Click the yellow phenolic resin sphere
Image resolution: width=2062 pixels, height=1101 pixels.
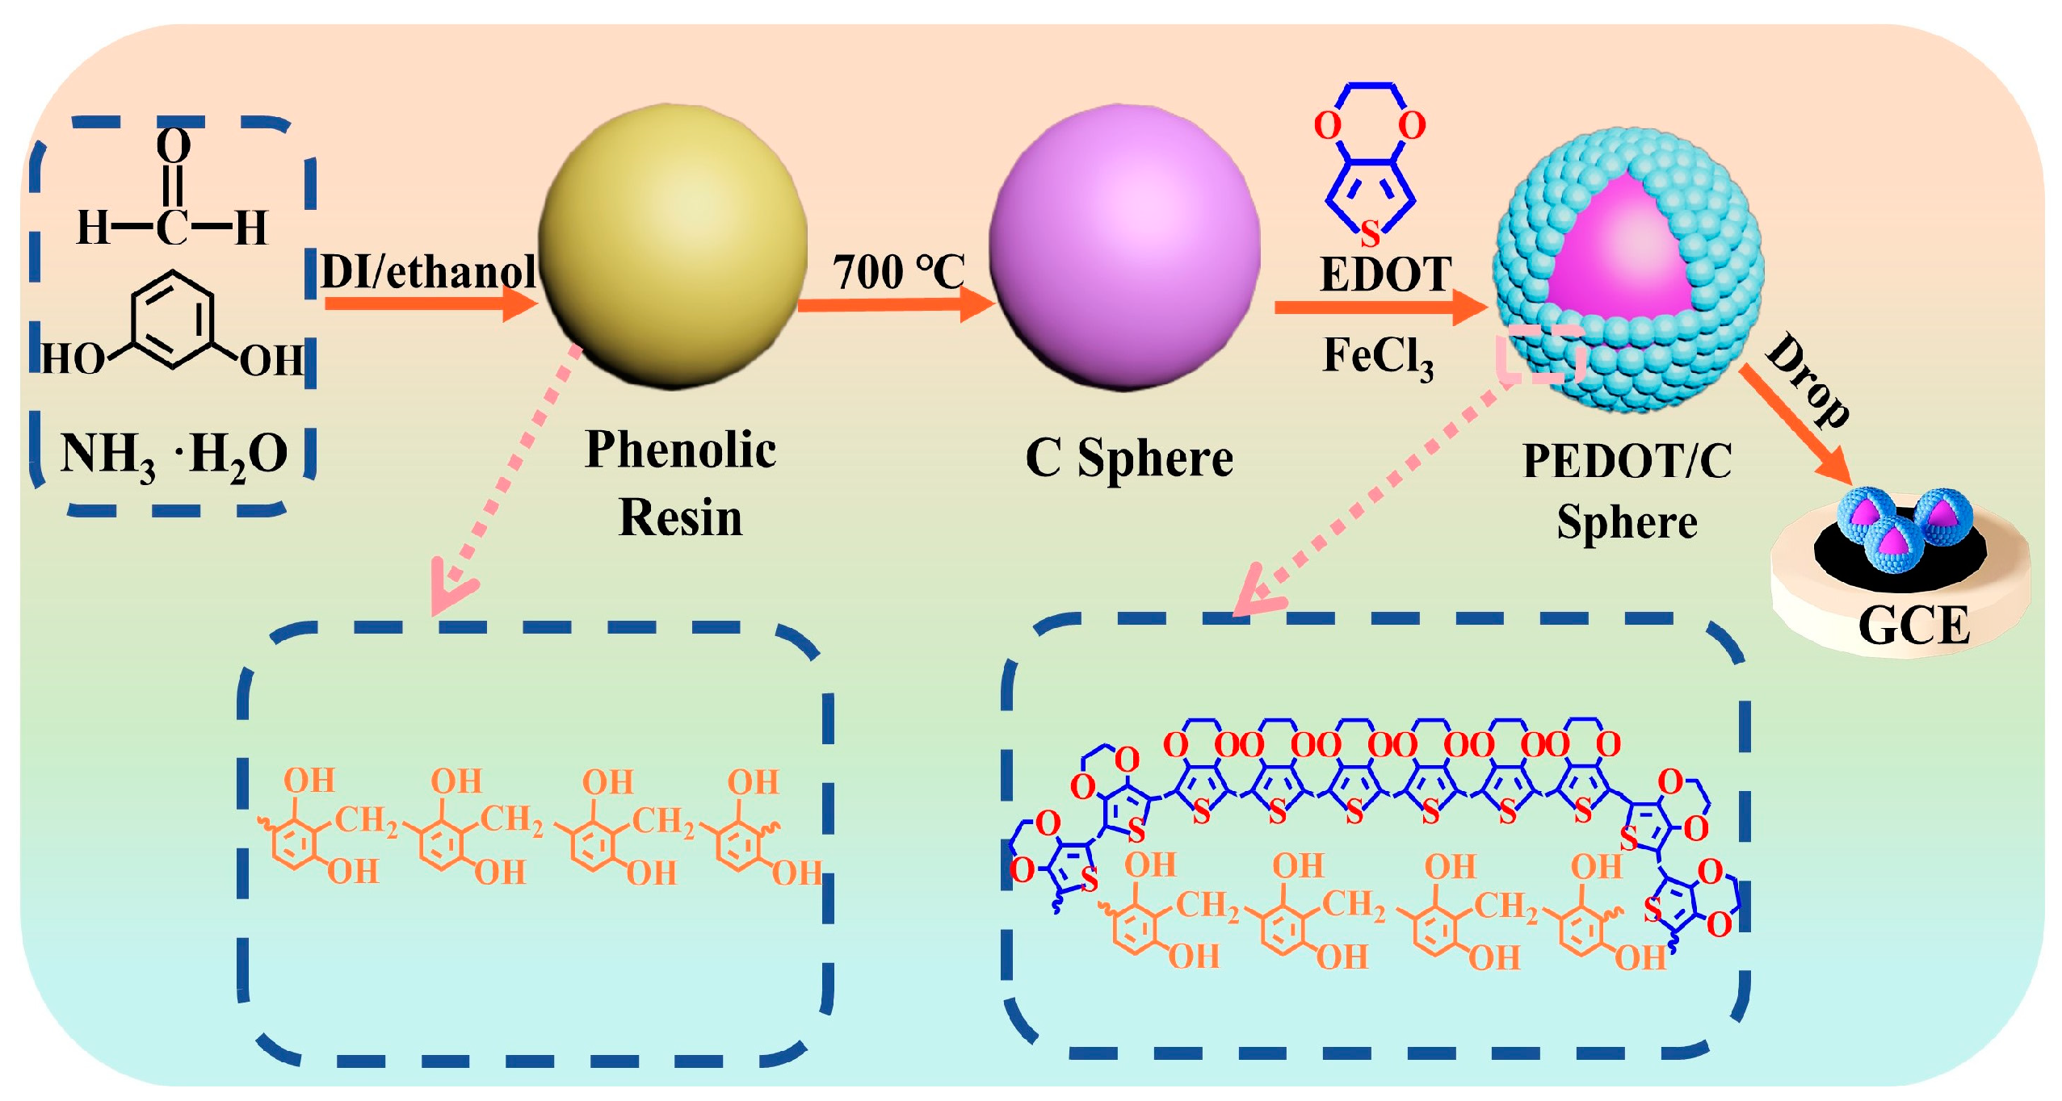[x=673, y=246]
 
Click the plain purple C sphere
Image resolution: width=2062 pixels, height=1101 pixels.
[x=1124, y=246]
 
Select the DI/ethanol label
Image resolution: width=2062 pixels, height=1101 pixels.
[x=428, y=271]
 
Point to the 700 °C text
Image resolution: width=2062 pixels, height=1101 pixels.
[x=898, y=271]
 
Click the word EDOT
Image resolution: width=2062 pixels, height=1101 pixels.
[x=1385, y=274]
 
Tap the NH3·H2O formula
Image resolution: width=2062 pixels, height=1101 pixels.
[x=174, y=454]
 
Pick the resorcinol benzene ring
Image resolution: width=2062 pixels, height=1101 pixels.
[x=173, y=319]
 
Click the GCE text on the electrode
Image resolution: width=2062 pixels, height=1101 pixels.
[x=1913, y=625]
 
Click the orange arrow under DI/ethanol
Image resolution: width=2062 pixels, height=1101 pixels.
[x=428, y=304]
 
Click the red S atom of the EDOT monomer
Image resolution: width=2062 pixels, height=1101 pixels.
[x=1370, y=234]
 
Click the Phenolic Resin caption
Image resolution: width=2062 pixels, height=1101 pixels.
[x=680, y=483]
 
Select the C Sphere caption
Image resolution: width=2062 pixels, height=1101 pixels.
[x=1129, y=458]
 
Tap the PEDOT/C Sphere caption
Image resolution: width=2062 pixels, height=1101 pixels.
[x=1627, y=491]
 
